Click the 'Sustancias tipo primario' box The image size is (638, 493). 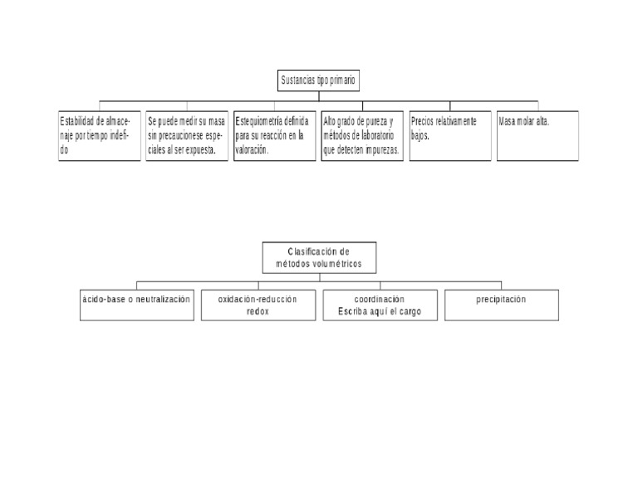(319, 81)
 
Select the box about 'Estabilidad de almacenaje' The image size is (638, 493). (99, 135)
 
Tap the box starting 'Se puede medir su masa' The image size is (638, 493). (187, 135)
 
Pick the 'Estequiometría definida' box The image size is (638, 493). (275, 135)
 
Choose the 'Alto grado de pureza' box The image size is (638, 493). (362, 135)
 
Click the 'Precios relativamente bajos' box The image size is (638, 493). (450, 135)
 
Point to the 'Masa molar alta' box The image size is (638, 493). (537, 135)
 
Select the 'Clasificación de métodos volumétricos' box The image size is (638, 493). (319, 257)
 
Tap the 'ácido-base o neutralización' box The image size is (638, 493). (136, 305)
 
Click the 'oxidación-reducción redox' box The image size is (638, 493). (258, 305)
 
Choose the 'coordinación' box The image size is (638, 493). (379, 305)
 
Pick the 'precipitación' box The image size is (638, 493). (501, 305)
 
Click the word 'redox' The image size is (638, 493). (258, 312)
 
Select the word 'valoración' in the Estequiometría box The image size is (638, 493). (252, 150)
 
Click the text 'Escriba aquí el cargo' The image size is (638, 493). (379, 312)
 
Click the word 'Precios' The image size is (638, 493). (425, 121)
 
